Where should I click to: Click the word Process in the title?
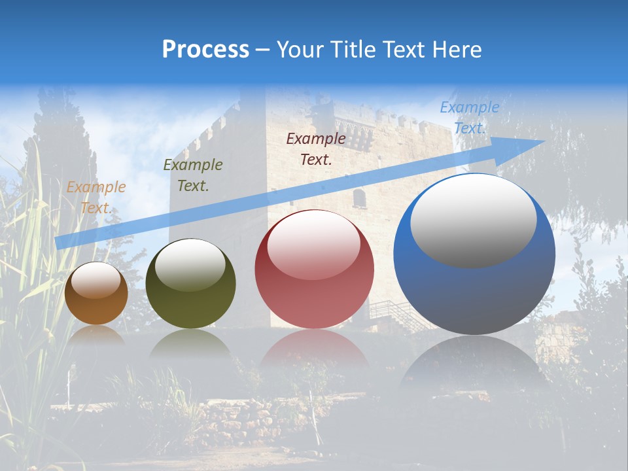[x=205, y=50]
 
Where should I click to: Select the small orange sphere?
[x=96, y=294]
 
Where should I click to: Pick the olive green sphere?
[x=190, y=284]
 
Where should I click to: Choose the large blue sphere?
[x=474, y=255]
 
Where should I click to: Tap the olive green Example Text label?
[x=192, y=175]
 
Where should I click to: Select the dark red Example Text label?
[x=316, y=148]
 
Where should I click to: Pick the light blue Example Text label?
[x=469, y=118]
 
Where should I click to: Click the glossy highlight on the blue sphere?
[x=473, y=219]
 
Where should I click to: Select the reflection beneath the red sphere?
[x=314, y=351]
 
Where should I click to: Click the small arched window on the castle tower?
[x=359, y=198]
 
